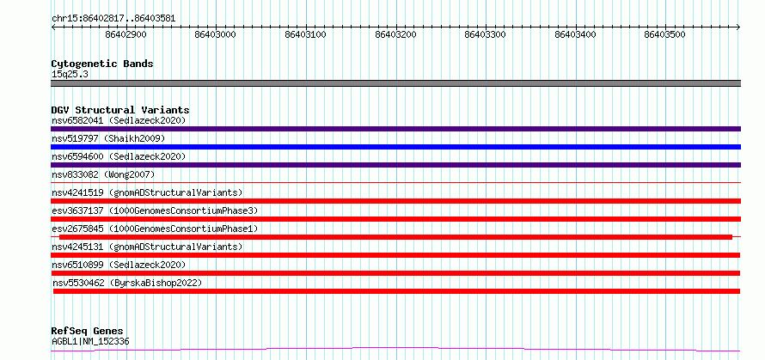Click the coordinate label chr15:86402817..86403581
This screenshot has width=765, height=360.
coord(113,19)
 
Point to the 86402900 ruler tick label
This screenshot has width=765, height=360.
coord(125,34)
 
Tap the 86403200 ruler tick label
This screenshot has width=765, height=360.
coord(395,34)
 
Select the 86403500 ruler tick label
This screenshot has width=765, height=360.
coord(665,34)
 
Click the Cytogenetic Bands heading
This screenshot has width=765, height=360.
coord(102,64)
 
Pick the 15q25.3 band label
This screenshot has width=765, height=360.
coord(70,75)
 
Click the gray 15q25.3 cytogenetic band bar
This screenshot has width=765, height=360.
coord(395,83)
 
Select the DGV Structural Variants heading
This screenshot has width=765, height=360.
coord(120,110)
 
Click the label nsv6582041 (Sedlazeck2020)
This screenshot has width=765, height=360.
coord(119,120)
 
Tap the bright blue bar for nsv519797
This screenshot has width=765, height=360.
coord(395,147)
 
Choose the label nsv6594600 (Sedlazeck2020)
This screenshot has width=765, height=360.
coord(119,156)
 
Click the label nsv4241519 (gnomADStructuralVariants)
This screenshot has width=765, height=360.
coord(147,192)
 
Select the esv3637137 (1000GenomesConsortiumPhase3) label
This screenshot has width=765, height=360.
coord(155,211)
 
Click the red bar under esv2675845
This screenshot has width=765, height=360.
coord(395,237)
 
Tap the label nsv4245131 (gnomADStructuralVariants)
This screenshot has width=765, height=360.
coord(147,247)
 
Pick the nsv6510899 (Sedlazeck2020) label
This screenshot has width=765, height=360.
coord(119,265)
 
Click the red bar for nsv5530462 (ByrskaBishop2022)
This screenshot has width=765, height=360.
coord(396,291)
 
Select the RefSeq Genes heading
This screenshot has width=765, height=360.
coord(88,332)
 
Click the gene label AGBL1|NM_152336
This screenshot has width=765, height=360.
coord(91,342)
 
